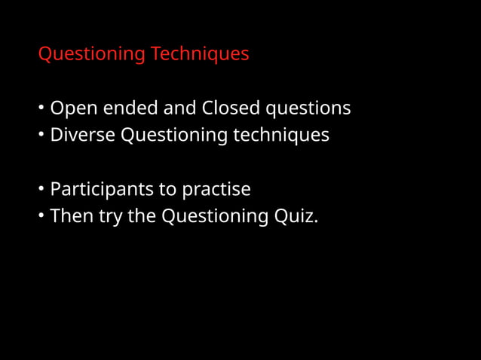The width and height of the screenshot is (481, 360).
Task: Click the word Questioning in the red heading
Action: tap(91, 55)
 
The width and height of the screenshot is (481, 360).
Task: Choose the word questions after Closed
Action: tap(308, 109)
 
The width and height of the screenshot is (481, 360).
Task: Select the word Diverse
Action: tap(83, 136)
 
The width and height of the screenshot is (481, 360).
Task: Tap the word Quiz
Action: tap(296, 217)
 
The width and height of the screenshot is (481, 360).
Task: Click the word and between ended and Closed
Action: tap(180, 108)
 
